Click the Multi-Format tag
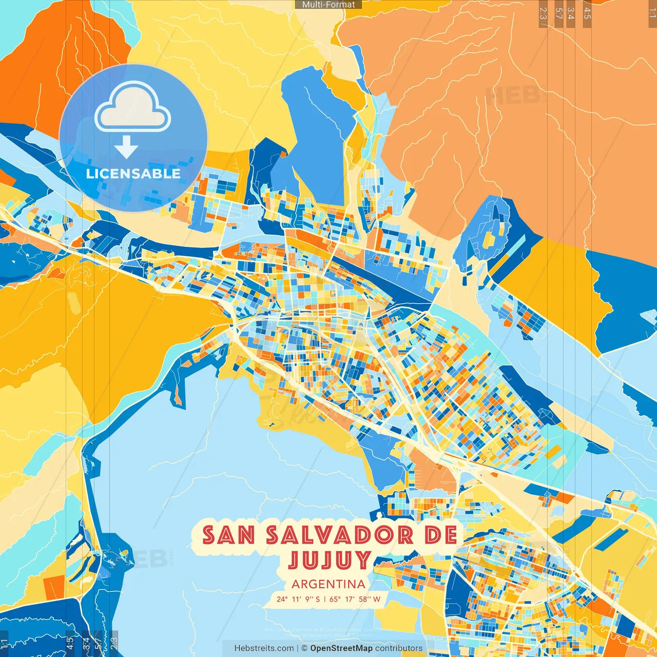click(328, 5)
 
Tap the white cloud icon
click(133, 107)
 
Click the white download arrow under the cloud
click(126, 147)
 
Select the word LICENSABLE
click(133, 173)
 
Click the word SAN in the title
click(229, 535)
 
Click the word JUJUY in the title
click(329, 560)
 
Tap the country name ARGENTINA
click(328, 584)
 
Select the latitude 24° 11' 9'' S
click(298, 599)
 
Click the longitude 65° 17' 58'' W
click(355, 599)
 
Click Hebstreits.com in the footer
click(264, 648)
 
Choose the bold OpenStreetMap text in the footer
click(341, 648)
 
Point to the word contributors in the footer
click(399, 648)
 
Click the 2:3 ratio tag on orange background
click(543, 13)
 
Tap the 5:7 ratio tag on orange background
click(558, 13)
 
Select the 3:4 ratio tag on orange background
click(571, 13)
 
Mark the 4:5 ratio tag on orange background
click(587, 13)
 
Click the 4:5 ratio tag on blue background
click(70, 644)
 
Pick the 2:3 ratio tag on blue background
click(114, 644)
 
